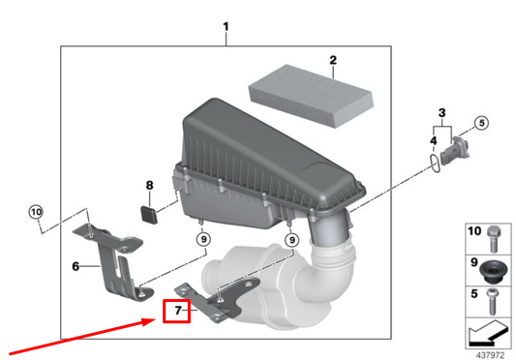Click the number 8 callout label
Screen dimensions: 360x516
coord(150,185)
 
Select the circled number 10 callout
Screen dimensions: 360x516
coord(36,212)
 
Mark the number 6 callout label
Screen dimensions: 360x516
coord(75,265)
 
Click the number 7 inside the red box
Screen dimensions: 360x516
coord(176,311)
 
